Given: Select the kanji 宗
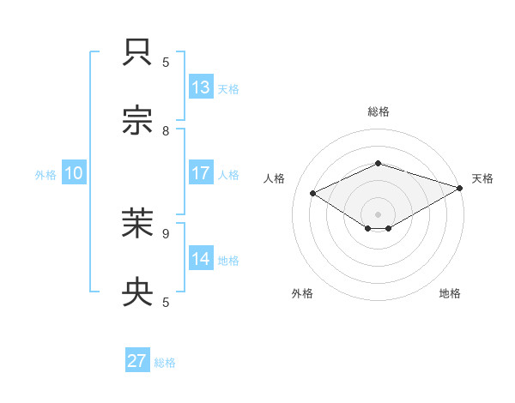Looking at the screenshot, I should pos(138,121).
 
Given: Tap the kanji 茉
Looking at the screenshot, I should pos(138,224).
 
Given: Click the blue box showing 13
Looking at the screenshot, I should pos(201,87).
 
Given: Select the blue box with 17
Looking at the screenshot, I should pos(201,173).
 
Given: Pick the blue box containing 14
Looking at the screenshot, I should pos(201,259).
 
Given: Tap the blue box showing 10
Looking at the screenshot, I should pos(73,173).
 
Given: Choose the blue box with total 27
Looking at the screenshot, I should pos(137,361).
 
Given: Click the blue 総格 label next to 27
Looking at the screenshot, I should pos(165,363).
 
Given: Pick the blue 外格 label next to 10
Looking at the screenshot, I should pos(45,175).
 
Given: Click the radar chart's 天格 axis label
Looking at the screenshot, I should pos(482,178).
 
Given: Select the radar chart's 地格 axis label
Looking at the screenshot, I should pos(450,293).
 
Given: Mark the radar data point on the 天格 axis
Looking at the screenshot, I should pos(460,188).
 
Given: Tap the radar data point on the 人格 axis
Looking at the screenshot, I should pos(313,194).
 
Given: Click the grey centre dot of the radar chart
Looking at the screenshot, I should pos(378,214).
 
